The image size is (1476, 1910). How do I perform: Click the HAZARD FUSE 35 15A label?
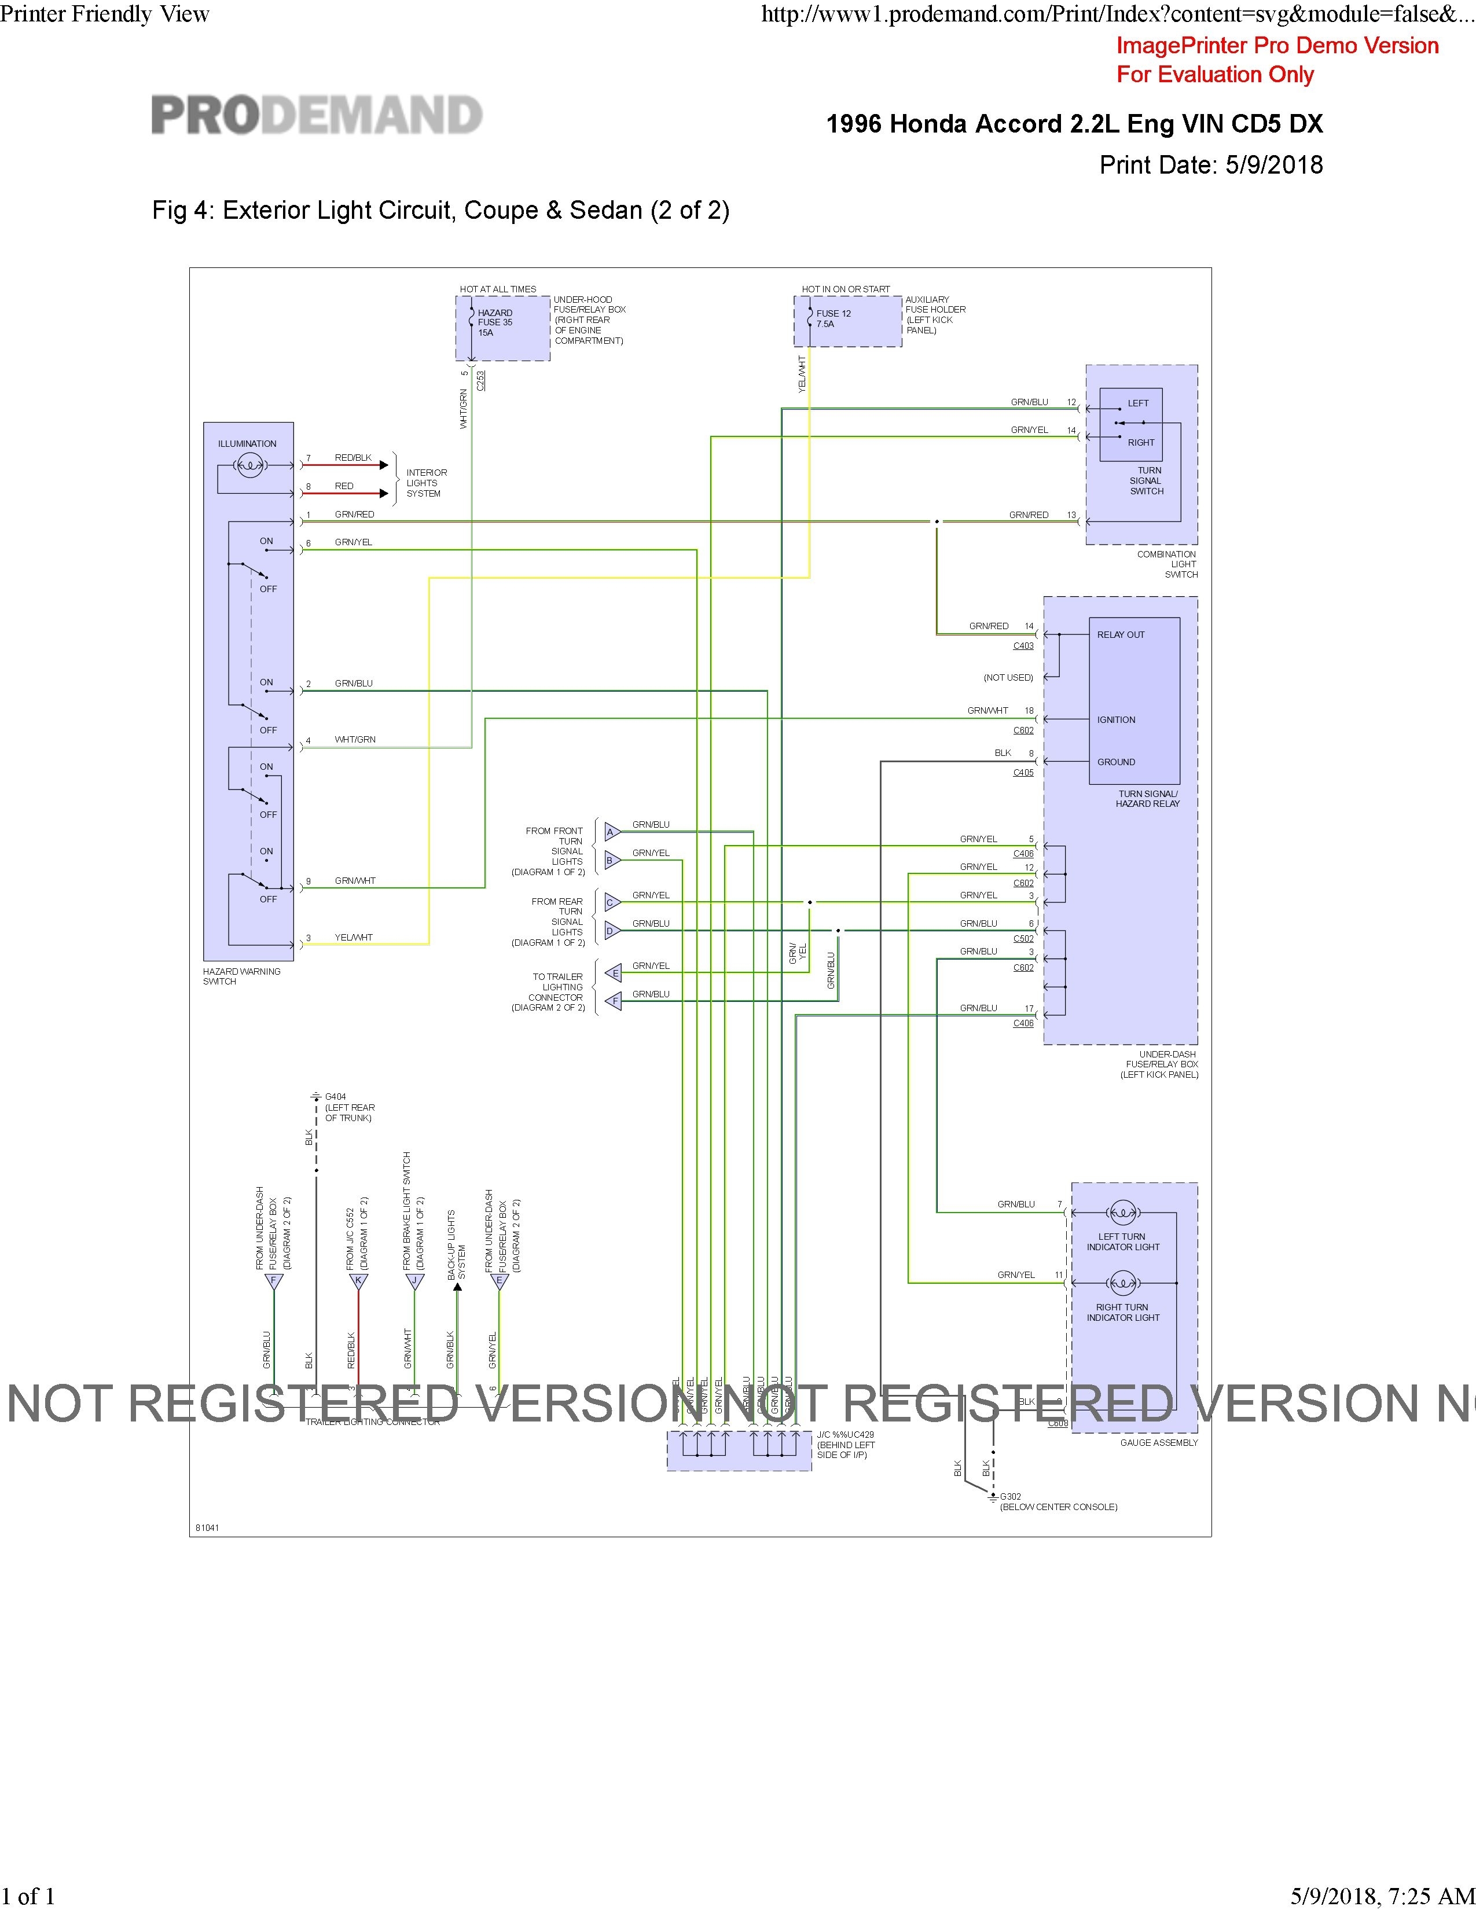pos(495,323)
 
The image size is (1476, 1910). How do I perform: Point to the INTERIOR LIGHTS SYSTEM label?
pos(426,483)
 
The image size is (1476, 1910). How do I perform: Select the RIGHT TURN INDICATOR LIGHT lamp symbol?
pos(1123,1283)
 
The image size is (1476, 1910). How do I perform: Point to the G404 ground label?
pos(336,1097)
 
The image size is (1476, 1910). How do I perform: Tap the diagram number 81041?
pos(207,1528)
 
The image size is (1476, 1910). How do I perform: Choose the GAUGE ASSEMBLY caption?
pos(1159,1443)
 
